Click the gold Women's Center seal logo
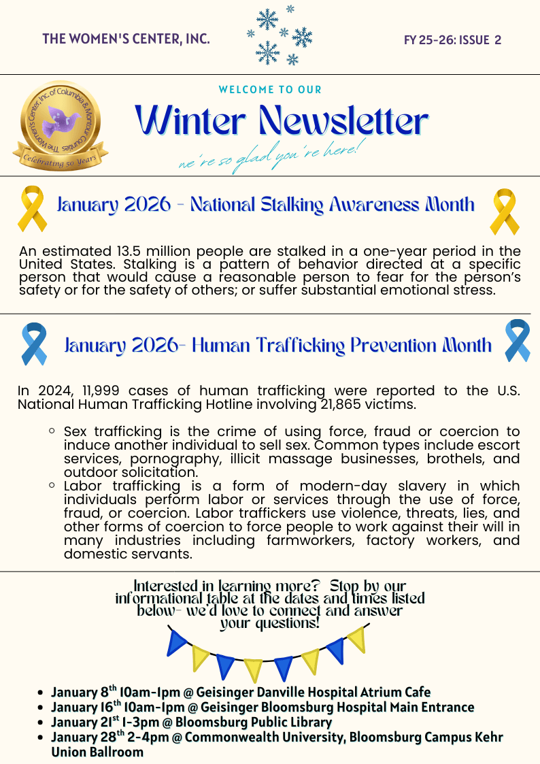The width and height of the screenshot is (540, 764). click(x=60, y=127)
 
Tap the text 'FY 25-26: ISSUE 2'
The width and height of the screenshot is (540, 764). click(x=452, y=39)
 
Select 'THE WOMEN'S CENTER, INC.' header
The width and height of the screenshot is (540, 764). click(x=126, y=39)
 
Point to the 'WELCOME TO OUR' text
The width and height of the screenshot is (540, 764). click(x=270, y=90)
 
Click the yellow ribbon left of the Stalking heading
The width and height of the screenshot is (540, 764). click(x=33, y=208)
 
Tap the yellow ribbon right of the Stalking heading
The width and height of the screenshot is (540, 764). click(x=504, y=212)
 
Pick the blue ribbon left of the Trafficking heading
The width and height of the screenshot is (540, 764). click(x=34, y=344)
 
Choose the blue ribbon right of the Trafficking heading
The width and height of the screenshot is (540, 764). click(x=517, y=340)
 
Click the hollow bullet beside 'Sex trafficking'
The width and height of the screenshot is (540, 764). click(x=52, y=431)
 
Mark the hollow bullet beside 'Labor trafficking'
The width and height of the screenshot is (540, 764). click(x=52, y=486)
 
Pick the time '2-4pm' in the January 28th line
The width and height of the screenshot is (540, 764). click(x=152, y=737)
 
